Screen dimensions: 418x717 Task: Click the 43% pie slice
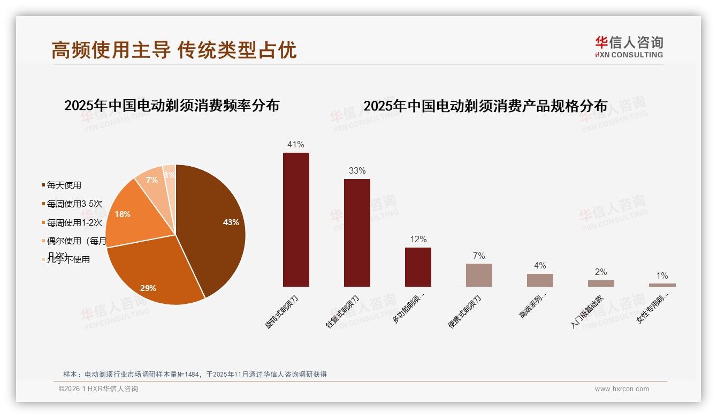[x=214, y=225]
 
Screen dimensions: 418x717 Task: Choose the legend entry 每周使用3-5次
[x=74, y=204]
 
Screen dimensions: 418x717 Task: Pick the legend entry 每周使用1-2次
[x=74, y=223]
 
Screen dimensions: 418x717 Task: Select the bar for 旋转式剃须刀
[x=296, y=220]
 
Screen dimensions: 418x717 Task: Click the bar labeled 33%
[x=357, y=233]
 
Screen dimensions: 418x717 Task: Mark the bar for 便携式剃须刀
[x=479, y=275]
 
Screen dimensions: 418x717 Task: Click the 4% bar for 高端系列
[x=540, y=280]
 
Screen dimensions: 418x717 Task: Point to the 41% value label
[x=296, y=145]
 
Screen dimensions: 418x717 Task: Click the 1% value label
[x=662, y=276]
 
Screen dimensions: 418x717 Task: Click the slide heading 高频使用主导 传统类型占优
[x=174, y=50]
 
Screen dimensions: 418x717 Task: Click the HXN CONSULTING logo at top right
[x=629, y=47]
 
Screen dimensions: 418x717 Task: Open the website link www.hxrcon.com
[x=622, y=389]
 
